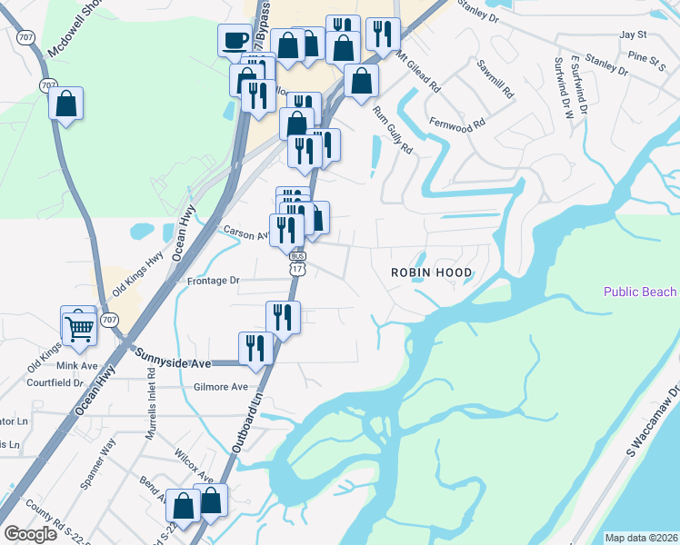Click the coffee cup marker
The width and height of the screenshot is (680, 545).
point(235,39)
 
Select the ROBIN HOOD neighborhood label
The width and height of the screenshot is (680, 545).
point(432,272)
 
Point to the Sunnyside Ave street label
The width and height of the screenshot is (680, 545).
point(174,363)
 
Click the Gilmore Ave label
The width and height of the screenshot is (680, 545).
point(220,387)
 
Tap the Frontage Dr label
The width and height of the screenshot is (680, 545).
point(213,281)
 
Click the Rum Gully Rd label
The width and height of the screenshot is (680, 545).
point(394,131)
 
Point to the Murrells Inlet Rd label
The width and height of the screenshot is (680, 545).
point(152,408)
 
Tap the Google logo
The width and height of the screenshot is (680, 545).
point(31,534)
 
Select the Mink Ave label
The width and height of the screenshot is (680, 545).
point(76,365)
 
